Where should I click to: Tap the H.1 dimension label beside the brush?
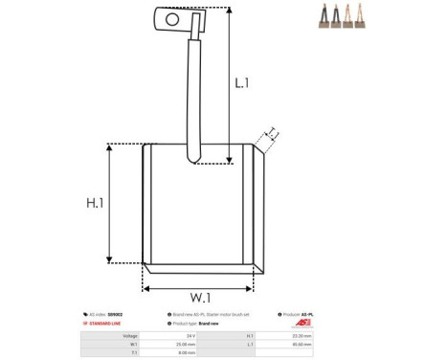tap(95, 203)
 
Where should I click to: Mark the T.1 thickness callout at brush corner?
tap(272, 133)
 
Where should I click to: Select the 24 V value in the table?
tap(190, 336)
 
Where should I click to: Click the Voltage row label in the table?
tap(130, 336)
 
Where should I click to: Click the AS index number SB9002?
tap(115, 314)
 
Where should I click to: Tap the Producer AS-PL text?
tap(300, 314)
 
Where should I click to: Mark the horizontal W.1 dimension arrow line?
tap(199, 284)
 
